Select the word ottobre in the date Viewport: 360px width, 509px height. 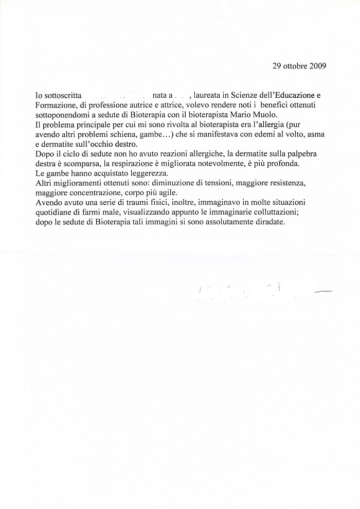(294, 66)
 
